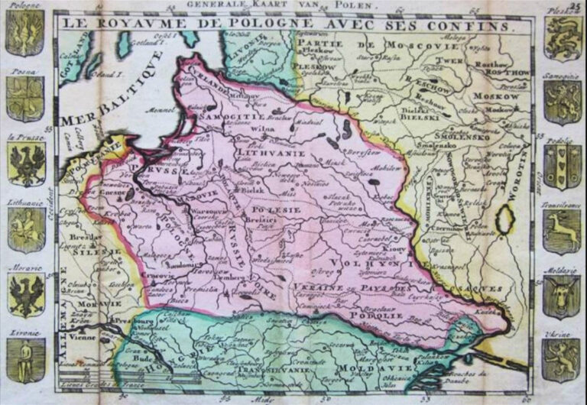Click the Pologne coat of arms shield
tap(25, 33)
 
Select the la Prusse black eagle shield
tap(26, 164)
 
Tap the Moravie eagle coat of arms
tap(25, 295)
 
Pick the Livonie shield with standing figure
tap(25, 359)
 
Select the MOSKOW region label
tap(491, 97)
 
